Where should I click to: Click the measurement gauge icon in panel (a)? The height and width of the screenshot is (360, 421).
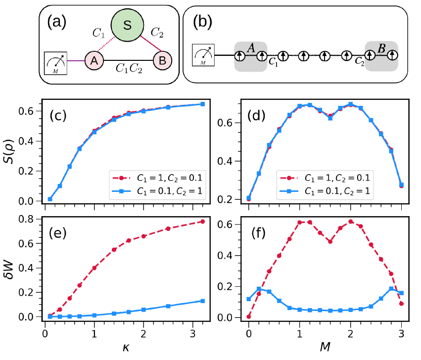[x=55, y=63]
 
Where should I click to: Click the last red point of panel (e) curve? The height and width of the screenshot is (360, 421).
[x=203, y=221]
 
